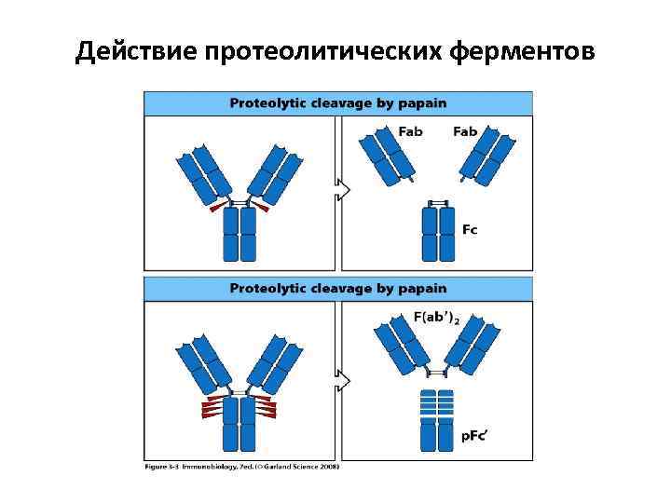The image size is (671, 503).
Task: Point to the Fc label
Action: [470, 230]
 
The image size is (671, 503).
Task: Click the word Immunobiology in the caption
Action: [211, 467]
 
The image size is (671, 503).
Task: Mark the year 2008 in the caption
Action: [331, 467]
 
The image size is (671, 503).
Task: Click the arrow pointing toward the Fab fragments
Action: [343, 190]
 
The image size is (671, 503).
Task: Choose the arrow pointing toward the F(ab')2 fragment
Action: [343, 381]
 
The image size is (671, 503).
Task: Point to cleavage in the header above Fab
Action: [344, 103]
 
